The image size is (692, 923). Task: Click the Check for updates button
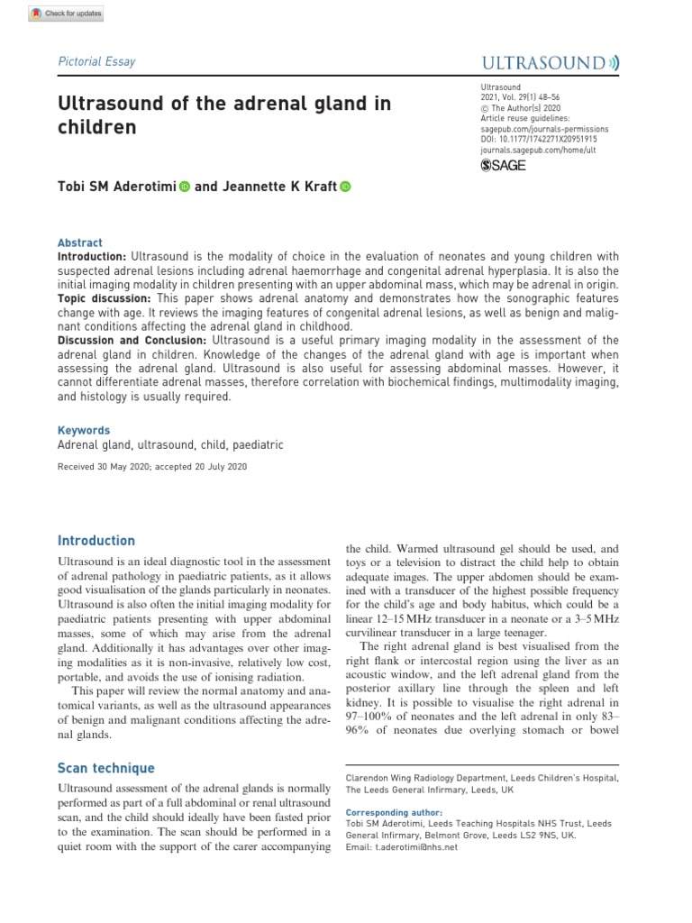[67, 14]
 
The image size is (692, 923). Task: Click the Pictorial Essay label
[96, 62]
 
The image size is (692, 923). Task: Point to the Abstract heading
[80, 243]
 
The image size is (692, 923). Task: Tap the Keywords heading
[84, 431]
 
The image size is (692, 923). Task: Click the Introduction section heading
[96, 541]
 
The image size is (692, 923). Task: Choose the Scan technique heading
[106, 768]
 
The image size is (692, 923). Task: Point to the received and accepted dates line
[151, 467]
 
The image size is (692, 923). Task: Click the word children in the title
[97, 127]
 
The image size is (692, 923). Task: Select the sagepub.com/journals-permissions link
[544, 129]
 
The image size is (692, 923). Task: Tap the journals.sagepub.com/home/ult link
[538, 151]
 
